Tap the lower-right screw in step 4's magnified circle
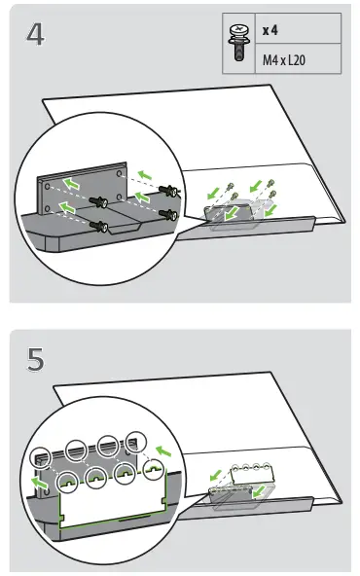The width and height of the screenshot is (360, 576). point(167,213)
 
